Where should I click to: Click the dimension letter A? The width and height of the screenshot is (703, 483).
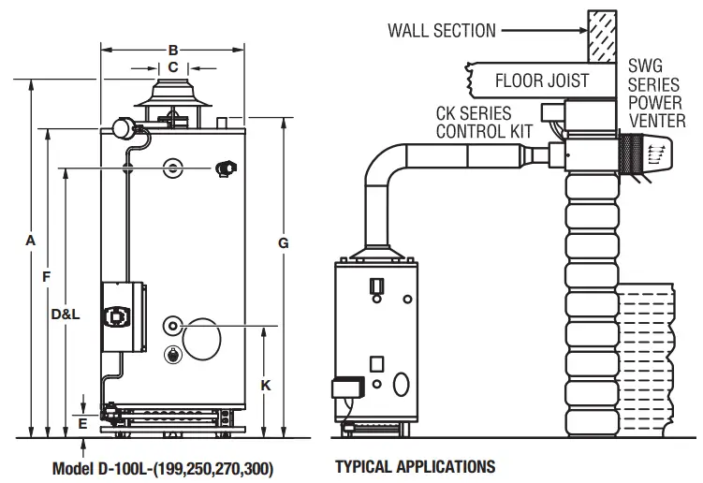pyautogui.click(x=31, y=241)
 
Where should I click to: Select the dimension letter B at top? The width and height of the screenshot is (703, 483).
pyautogui.click(x=172, y=49)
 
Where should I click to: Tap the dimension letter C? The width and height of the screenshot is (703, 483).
pyautogui.click(x=172, y=67)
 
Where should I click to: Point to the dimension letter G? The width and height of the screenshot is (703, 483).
pyautogui.click(x=283, y=243)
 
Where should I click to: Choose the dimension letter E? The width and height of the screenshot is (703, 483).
pyautogui.click(x=83, y=423)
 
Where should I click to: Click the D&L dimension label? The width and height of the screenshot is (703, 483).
pyautogui.click(x=66, y=315)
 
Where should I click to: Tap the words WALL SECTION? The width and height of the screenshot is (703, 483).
pyautogui.click(x=442, y=31)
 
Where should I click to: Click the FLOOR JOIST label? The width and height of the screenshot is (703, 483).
pyautogui.click(x=542, y=80)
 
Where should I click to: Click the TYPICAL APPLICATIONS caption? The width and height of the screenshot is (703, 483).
pyautogui.click(x=415, y=465)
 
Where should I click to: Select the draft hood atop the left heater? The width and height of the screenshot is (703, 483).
pyautogui.click(x=170, y=100)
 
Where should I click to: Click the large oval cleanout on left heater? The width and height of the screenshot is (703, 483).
pyautogui.click(x=202, y=338)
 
